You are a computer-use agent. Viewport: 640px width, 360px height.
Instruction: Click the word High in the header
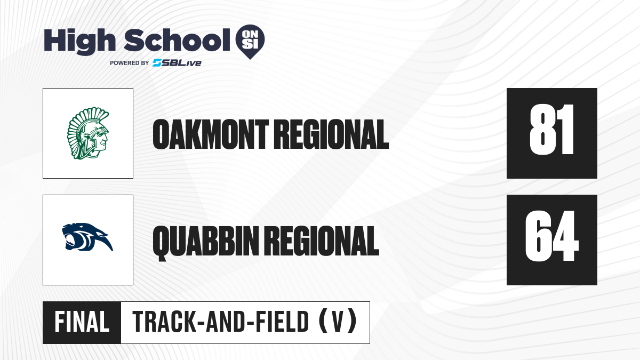click(79, 42)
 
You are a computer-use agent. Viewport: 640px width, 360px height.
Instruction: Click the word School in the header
click(177, 39)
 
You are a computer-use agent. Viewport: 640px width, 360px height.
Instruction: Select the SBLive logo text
click(177, 63)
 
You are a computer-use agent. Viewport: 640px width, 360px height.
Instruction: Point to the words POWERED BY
click(130, 63)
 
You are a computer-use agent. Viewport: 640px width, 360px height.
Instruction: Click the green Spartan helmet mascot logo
click(88, 133)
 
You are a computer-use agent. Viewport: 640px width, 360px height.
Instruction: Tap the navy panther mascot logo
click(87, 237)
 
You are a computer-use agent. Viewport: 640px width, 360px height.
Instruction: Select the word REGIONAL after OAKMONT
click(331, 134)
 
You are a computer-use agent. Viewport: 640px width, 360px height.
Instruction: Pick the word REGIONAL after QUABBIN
click(322, 241)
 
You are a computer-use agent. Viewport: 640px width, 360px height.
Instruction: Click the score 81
click(551, 130)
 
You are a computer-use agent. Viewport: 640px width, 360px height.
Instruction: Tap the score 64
click(552, 236)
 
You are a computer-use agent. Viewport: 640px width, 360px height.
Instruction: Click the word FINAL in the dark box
click(82, 322)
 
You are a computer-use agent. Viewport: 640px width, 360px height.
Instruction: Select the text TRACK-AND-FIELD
click(221, 322)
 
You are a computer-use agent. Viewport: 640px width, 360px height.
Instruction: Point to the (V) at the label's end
click(338, 322)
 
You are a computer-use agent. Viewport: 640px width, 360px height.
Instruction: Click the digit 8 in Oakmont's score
click(541, 130)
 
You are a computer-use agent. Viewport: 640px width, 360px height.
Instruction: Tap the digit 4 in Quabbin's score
click(566, 236)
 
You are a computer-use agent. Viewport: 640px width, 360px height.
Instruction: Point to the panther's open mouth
click(70, 240)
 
